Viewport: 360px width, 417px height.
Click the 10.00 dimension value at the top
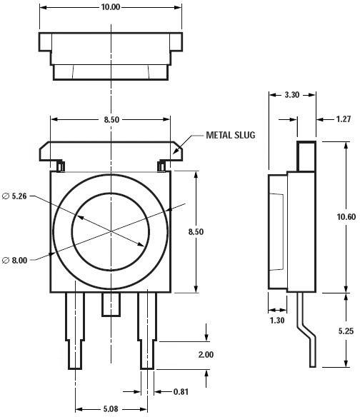(x=111, y=7)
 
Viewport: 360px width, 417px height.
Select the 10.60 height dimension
(x=346, y=217)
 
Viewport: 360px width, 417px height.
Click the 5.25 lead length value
(x=346, y=331)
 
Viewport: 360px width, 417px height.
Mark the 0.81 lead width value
(x=183, y=391)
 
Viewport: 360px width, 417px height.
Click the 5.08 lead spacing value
(x=111, y=410)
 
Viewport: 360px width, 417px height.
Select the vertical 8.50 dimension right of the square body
(x=205, y=231)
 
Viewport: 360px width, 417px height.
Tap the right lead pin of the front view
(x=146, y=328)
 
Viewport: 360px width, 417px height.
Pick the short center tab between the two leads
(x=110, y=304)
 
